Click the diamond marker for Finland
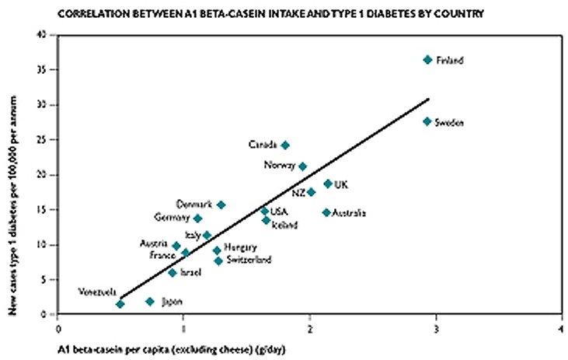pos(427,60)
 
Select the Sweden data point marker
pos(427,121)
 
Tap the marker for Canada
pos(285,145)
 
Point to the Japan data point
pos(150,302)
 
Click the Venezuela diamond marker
pos(120,304)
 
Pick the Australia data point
pos(326,212)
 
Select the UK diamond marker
pos(328,184)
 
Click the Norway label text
pos(279,166)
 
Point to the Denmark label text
pos(194,204)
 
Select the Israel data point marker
pos(172,273)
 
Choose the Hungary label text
pos(240,247)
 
